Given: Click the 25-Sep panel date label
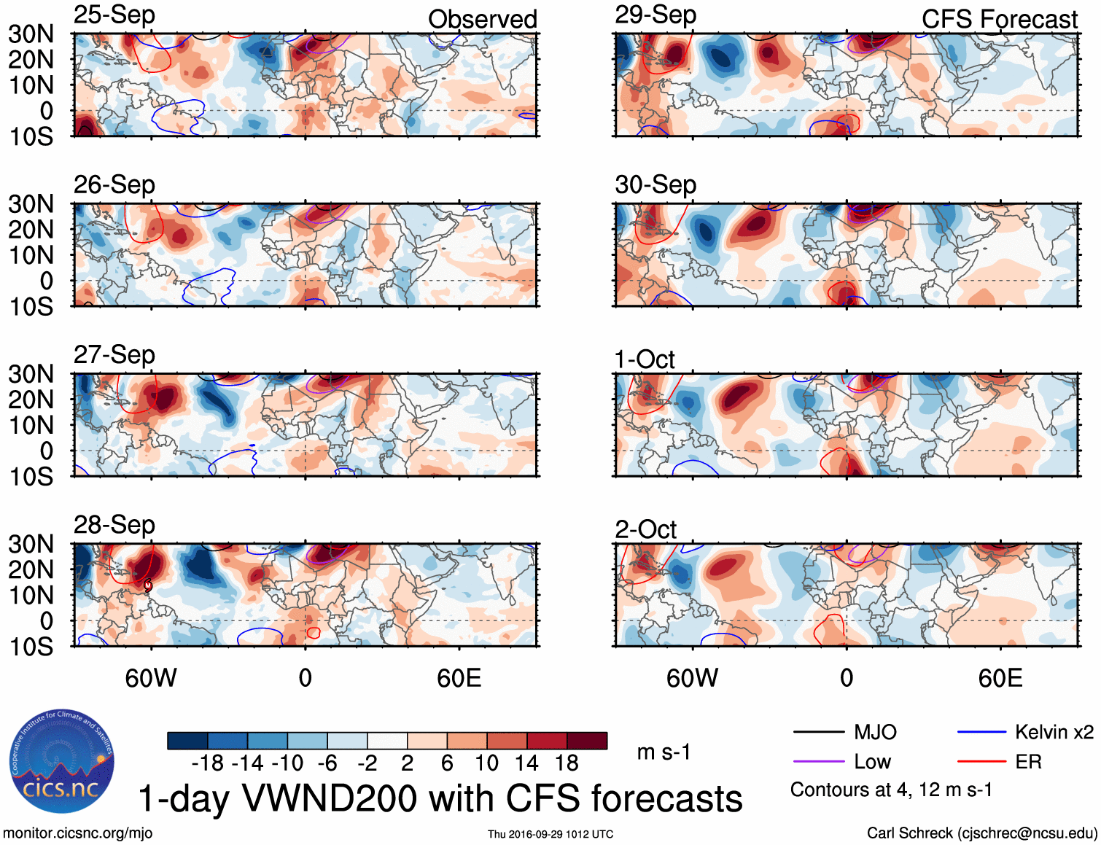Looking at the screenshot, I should pos(114,15).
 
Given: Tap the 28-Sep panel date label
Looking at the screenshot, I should pos(114,525).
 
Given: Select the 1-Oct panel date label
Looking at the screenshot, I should pos(645,359).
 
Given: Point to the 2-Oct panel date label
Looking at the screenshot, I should pos(645,529).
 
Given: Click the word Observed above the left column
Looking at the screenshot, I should pos(482,20).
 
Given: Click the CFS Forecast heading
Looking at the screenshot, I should pos(999,20).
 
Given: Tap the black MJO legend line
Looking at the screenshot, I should pos(818,732).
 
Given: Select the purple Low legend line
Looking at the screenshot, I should pos(818,762).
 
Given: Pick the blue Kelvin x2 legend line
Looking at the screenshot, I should pos(981,732).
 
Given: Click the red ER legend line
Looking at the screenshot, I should pos(981,762).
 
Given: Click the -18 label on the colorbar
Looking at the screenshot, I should pos(208,763).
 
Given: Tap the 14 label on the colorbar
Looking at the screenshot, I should pos(526,763).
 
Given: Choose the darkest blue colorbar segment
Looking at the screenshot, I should pos(187,741).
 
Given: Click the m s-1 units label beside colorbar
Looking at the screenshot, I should pos(664,752).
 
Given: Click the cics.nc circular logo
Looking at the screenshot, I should pos(61,762).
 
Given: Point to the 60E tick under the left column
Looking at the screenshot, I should pos(459,678).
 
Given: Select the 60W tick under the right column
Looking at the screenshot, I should pos(692,678).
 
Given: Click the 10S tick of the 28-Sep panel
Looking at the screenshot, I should pos(31,647).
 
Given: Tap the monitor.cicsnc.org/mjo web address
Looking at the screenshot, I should pos(78,833).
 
